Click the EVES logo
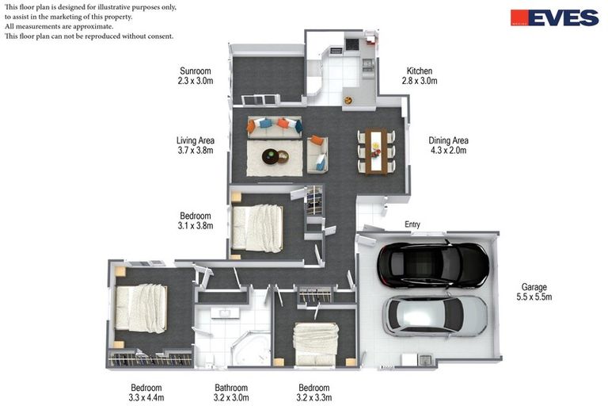pyautogui.click(x=554, y=17)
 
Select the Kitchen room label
pyautogui.click(x=420, y=71)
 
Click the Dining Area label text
pyautogui.click(x=448, y=140)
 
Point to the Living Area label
pyautogui.click(x=196, y=140)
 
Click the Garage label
pyautogui.click(x=534, y=287)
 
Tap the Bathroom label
pyautogui.click(x=231, y=388)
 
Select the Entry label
pyautogui.click(x=412, y=224)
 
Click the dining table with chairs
pyautogui.click(x=375, y=151)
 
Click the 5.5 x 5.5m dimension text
pyautogui.click(x=534, y=297)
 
